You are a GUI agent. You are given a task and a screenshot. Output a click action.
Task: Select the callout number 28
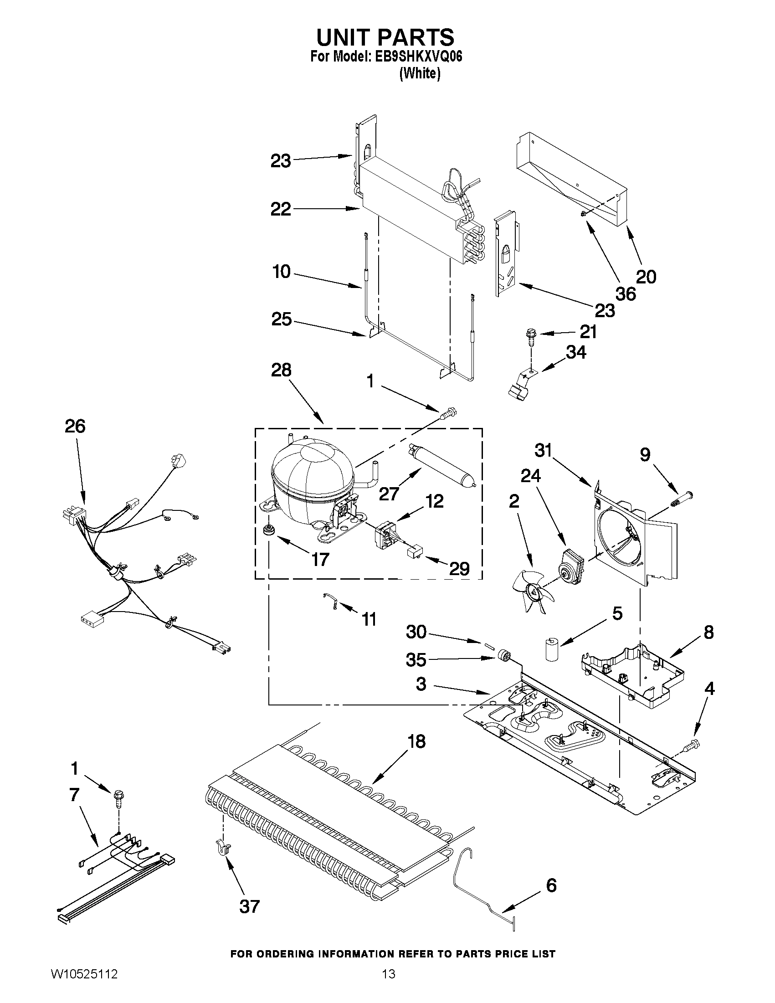pos(281,370)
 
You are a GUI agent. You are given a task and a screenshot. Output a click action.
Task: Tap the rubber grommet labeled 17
pos(267,530)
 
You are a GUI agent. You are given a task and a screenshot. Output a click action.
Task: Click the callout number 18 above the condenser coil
pos(416,741)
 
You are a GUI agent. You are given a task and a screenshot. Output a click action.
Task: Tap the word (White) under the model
pos(420,73)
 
